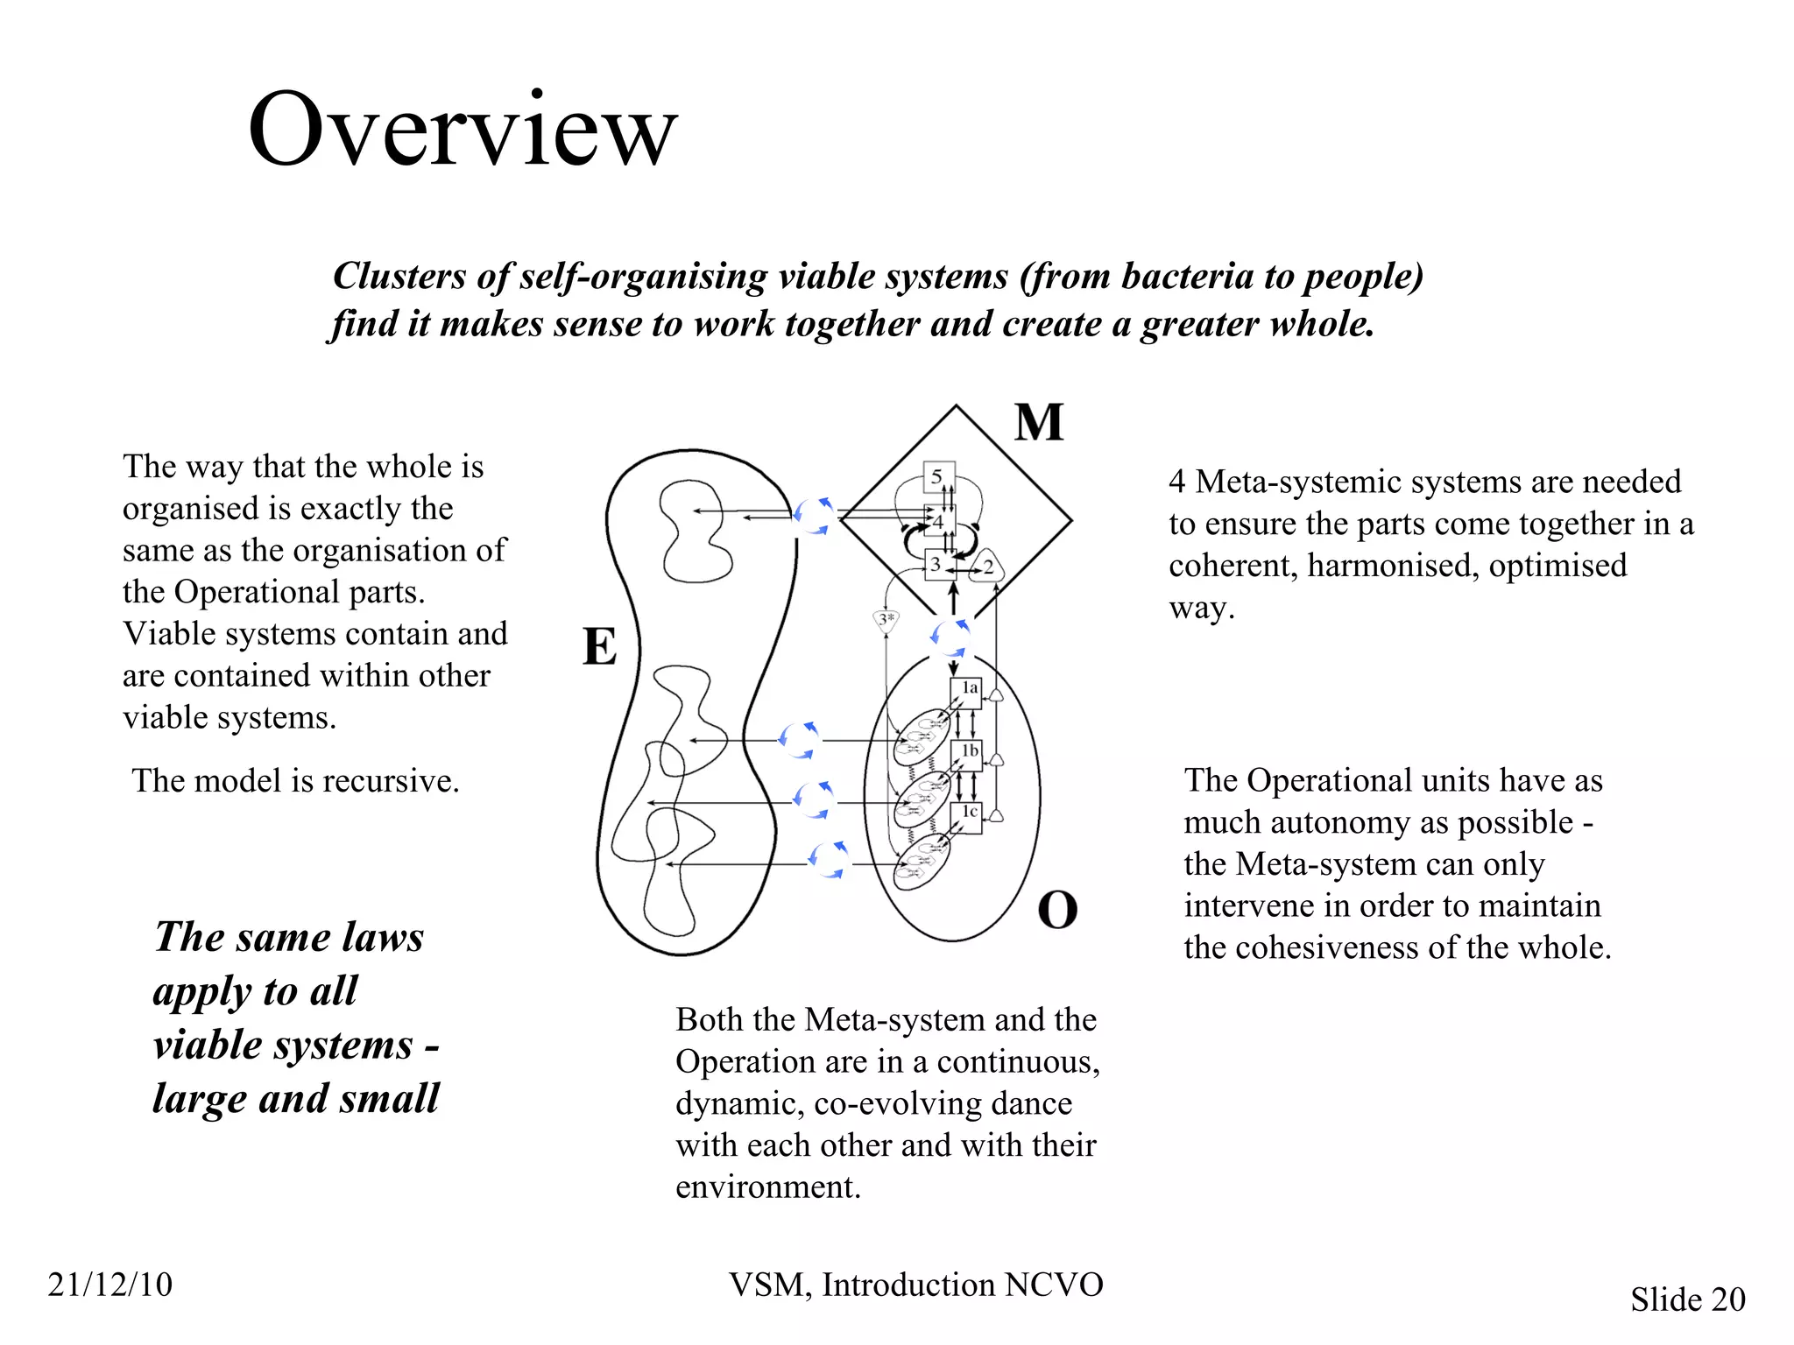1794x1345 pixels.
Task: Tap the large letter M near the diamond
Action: click(1039, 423)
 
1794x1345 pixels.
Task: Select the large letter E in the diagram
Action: click(600, 648)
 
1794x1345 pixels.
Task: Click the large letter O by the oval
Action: click(1057, 911)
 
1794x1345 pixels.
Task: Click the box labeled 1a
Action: click(967, 692)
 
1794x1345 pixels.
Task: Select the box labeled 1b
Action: click(967, 754)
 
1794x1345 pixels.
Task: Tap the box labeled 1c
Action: click(967, 815)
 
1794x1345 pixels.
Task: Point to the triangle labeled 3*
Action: click(886, 620)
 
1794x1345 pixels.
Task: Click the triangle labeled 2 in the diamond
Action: click(988, 567)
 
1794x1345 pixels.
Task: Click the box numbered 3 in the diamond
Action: click(936, 565)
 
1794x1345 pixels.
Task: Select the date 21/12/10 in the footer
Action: click(110, 1285)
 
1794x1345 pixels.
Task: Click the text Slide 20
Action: click(1687, 1299)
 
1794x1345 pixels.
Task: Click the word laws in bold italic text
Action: click(382, 937)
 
